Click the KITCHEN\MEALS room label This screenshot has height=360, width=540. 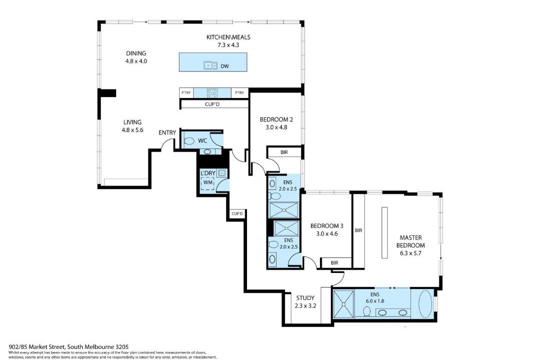(228, 37)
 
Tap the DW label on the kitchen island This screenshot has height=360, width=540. (224, 66)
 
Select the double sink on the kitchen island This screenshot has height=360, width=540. (210, 65)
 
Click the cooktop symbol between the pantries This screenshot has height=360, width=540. (212, 92)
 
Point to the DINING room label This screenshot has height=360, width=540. (136, 53)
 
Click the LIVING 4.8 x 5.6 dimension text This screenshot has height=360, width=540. (132, 130)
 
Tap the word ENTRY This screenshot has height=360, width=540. (167, 132)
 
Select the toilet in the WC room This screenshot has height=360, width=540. (189, 141)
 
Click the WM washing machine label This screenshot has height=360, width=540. (208, 182)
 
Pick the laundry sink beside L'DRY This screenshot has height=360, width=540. (222, 173)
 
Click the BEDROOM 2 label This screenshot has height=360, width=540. (276, 119)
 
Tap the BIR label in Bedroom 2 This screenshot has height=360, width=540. (284, 152)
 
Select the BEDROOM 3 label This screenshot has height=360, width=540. (326, 226)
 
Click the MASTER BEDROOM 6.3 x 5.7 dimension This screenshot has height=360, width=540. (410, 253)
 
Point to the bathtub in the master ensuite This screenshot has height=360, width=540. (425, 304)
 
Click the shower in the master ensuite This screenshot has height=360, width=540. (343, 304)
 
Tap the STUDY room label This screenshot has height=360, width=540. (305, 298)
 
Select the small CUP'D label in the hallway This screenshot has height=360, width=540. (237, 213)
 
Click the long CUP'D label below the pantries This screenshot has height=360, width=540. (212, 104)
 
